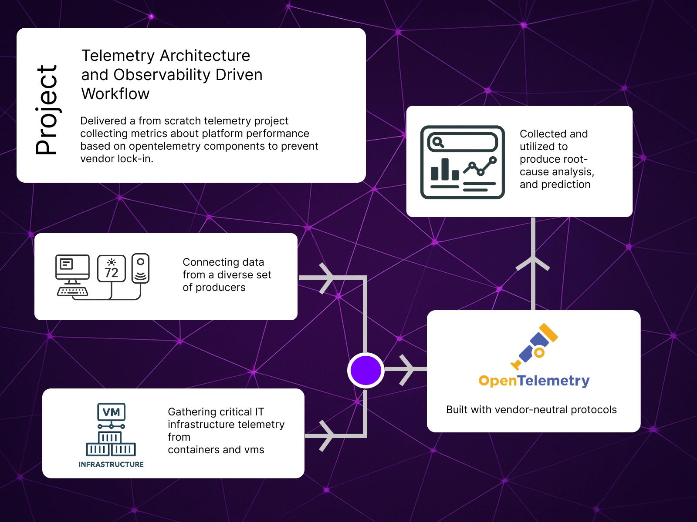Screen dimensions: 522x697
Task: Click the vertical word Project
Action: (x=46, y=110)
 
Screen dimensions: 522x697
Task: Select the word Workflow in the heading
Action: (x=115, y=94)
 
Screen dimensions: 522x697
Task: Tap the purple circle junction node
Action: (x=366, y=370)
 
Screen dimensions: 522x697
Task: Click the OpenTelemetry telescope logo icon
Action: (x=535, y=346)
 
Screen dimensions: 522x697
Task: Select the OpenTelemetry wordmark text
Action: (x=534, y=381)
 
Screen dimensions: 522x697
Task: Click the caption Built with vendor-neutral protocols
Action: (x=531, y=410)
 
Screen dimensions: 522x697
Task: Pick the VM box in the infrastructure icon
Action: (x=111, y=412)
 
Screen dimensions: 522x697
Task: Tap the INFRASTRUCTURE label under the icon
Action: (x=111, y=465)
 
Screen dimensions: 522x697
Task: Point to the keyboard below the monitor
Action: (x=72, y=291)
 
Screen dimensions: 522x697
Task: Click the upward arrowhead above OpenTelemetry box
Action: (x=533, y=263)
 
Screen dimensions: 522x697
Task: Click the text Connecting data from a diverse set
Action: (x=227, y=269)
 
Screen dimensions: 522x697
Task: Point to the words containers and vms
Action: (x=216, y=450)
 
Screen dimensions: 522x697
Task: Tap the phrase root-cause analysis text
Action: (x=557, y=166)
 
